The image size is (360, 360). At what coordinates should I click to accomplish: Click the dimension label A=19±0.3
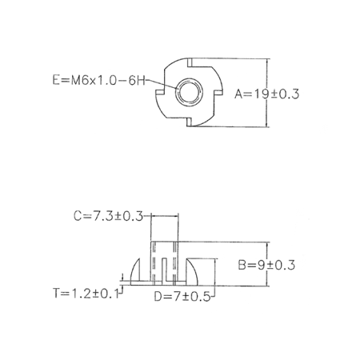point(266,94)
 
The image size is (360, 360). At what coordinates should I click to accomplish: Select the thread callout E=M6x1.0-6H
point(99,80)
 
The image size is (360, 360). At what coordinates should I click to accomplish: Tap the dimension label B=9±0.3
point(266,266)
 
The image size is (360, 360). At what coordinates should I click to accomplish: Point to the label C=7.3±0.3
point(108,216)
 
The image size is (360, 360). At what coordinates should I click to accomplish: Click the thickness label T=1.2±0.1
point(86,294)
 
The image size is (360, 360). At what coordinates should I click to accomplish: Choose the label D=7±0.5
point(182,297)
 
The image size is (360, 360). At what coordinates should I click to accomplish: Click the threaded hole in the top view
point(190,92)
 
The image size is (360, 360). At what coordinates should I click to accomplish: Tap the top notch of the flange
point(190,62)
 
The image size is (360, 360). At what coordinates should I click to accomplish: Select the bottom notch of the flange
point(189,122)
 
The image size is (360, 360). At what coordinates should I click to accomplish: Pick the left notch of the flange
point(160,92)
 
